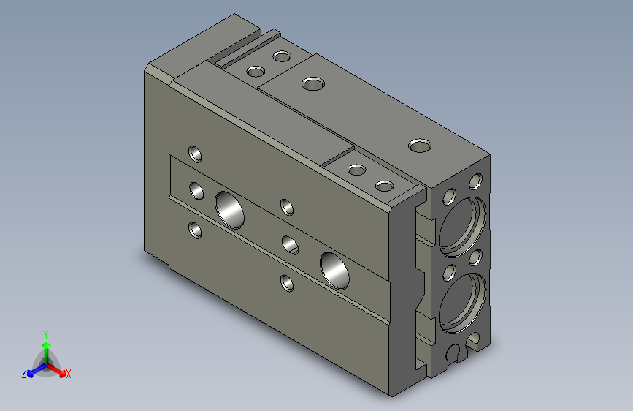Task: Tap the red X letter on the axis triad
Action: click(x=69, y=374)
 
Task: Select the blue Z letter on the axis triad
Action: click(x=24, y=374)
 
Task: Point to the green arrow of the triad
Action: click(x=46, y=347)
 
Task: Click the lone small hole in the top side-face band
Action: click(x=196, y=154)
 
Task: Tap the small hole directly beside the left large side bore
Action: click(x=196, y=191)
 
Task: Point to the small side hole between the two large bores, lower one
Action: click(x=289, y=243)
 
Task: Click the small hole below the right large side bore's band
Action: click(x=287, y=281)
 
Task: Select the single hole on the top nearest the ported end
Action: click(x=419, y=146)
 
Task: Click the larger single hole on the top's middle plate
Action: click(x=312, y=84)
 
